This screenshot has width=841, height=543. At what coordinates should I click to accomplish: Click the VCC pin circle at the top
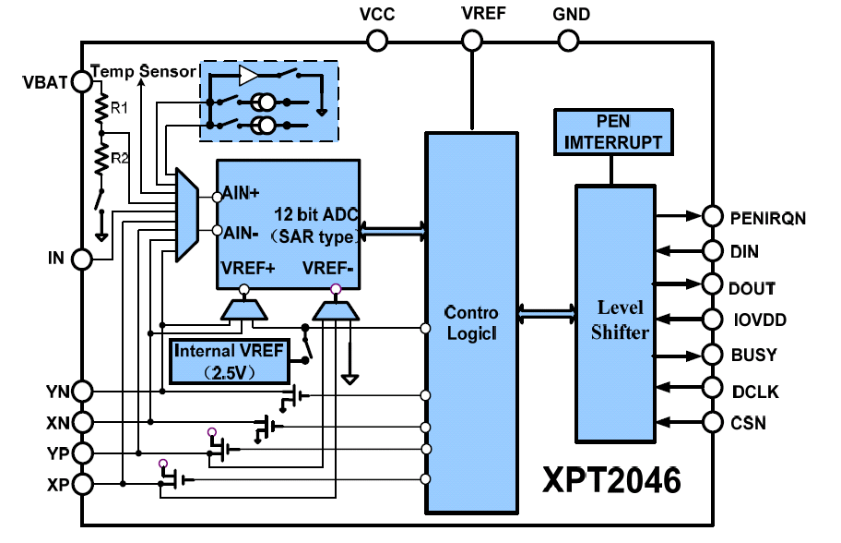coord(377,40)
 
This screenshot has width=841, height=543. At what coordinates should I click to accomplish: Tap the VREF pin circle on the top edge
coord(472,40)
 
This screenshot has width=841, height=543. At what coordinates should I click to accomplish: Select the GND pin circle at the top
coord(568,40)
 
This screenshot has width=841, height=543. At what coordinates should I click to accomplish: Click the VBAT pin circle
coord(81,81)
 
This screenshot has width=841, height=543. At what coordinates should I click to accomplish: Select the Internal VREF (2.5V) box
coord(229,361)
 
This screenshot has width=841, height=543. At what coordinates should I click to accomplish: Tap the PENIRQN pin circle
coord(713,216)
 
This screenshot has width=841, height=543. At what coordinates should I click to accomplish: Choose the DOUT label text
coord(752,289)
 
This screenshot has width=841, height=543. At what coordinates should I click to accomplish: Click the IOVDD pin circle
coord(713,320)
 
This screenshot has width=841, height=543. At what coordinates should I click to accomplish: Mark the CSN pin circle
coord(713,422)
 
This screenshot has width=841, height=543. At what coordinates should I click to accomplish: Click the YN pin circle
coord(81,392)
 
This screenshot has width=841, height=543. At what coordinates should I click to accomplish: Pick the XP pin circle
coord(81,483)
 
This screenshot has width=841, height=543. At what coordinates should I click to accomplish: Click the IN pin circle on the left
coord(81,259)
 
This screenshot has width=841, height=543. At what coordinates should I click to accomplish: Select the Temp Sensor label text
coord(144,71)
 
